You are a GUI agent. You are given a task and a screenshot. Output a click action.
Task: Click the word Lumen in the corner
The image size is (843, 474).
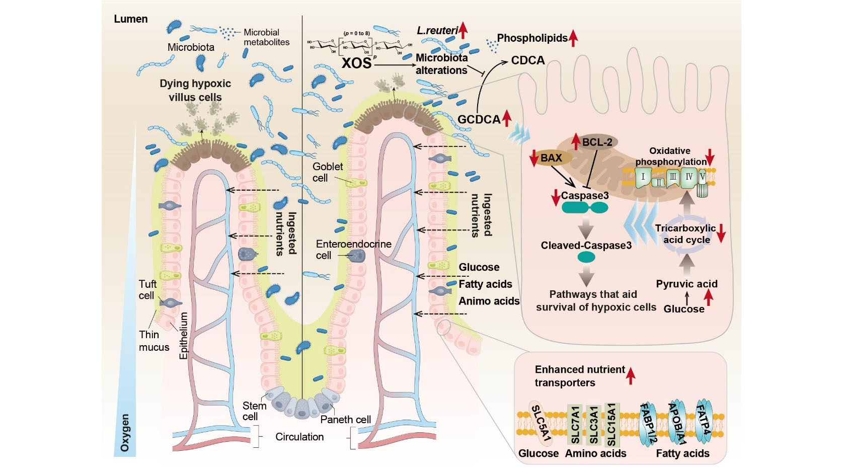tap(130, 19)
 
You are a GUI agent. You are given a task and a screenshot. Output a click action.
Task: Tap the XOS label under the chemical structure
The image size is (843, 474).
tap(356, 63)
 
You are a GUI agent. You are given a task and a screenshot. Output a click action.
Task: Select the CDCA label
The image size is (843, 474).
tap(527, 60)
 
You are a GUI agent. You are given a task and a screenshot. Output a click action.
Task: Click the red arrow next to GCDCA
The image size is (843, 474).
tap(507, 119)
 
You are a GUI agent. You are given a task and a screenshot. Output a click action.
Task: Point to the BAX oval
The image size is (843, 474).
tap(552, 158)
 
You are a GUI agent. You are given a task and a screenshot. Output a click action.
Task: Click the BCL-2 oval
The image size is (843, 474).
tap(597, 142)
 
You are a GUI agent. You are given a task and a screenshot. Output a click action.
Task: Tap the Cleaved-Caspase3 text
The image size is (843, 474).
tap(586, 246)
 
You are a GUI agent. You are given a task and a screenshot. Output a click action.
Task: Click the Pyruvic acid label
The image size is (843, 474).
tap(686, 284)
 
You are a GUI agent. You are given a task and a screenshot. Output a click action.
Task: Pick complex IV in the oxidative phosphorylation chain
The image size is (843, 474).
tap(688, 177)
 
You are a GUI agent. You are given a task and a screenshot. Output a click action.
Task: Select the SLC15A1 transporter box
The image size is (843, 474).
tap(611, 424)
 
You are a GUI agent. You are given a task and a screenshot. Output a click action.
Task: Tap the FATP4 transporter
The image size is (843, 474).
tap(703, 421)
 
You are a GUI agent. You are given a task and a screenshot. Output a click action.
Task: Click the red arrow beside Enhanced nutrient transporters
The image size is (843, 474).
tap(631, 375)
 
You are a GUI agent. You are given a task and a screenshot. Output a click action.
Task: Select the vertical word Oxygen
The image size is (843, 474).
tap(124, 432)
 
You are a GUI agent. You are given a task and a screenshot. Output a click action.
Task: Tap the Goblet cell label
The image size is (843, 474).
tap(327, 172)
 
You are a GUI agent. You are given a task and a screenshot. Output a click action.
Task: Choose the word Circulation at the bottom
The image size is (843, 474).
tap(299, 437)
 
